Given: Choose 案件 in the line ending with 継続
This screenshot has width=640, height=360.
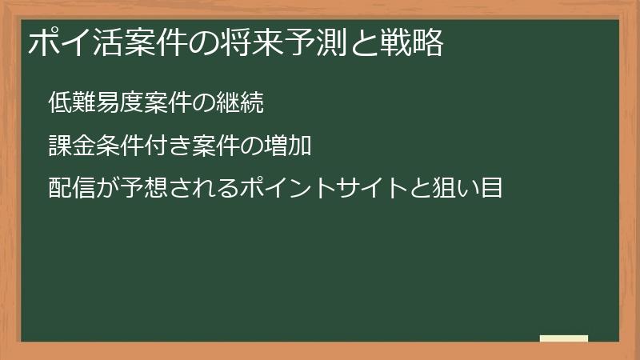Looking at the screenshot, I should click(155, 103).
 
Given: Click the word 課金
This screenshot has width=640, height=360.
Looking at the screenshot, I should click(69, 146).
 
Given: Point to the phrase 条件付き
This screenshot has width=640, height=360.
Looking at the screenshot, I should click(134, 146).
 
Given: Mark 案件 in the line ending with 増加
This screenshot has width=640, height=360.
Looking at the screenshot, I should click(198, 146).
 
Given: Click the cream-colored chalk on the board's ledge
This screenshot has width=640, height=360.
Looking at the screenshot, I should click(564, 338).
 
